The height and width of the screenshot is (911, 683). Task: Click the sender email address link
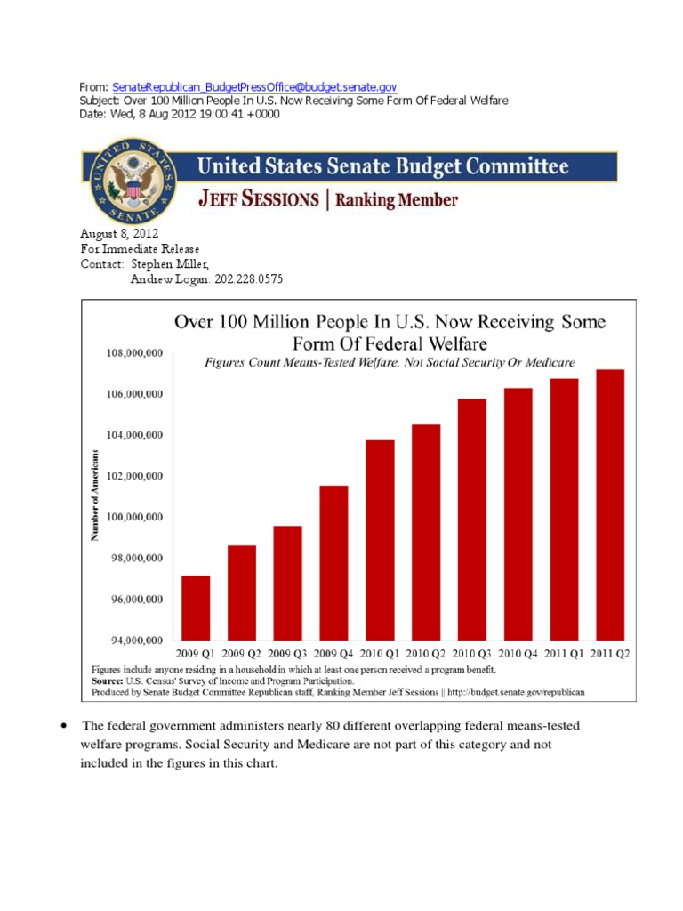(254, 87)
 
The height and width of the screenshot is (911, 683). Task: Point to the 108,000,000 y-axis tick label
(130, 353)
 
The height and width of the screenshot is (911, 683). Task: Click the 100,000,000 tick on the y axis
(130, 517)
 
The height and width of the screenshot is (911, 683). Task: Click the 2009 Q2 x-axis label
(241, 653)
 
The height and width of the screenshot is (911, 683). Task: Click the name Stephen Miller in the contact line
(166, 264)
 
